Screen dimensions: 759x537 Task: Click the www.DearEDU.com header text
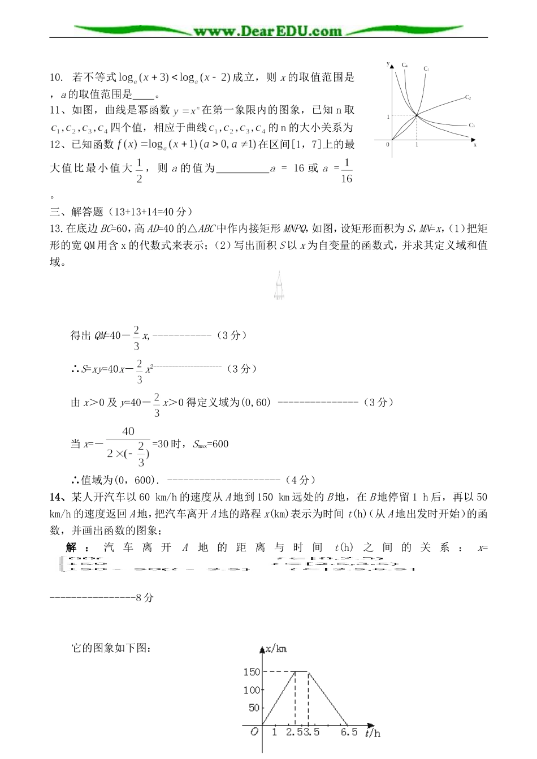click(268, 31)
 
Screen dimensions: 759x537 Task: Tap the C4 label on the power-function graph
click(405, 65)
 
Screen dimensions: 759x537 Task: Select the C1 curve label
click(427, 69)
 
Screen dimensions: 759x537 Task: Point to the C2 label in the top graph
click(468, 97)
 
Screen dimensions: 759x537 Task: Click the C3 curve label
click(471, 125)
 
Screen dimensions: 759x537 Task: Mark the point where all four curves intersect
click(417, 115)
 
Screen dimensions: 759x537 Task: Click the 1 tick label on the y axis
click(388, 117)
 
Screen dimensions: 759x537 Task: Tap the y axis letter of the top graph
click(388, 64)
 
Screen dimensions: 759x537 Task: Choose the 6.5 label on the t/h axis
click(349, 732)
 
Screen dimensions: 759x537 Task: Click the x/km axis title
click(276, 649)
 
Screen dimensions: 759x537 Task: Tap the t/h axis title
click(373, 734)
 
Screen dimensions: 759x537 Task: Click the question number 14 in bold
click(55, 497)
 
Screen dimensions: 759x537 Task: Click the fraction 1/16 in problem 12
click(347, 172)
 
